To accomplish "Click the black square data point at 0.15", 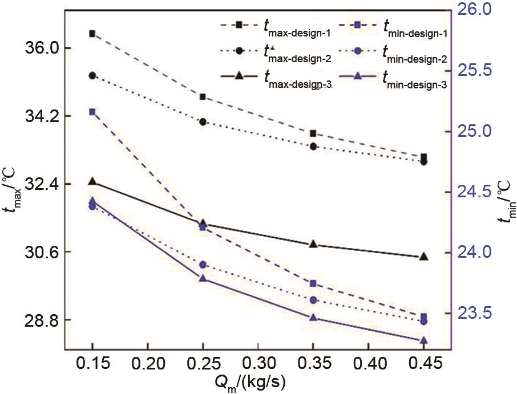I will tap(92, 34).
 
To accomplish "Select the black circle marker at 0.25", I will tap(203, 121).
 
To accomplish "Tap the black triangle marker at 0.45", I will tap(423, 257).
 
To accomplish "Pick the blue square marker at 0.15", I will tap(92, 112).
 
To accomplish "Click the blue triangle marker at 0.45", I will tap(423, 340).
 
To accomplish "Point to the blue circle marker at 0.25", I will tap(203, 265).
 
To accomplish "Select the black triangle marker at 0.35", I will tap(313, 244).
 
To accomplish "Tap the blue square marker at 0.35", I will tap(313, 283).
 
